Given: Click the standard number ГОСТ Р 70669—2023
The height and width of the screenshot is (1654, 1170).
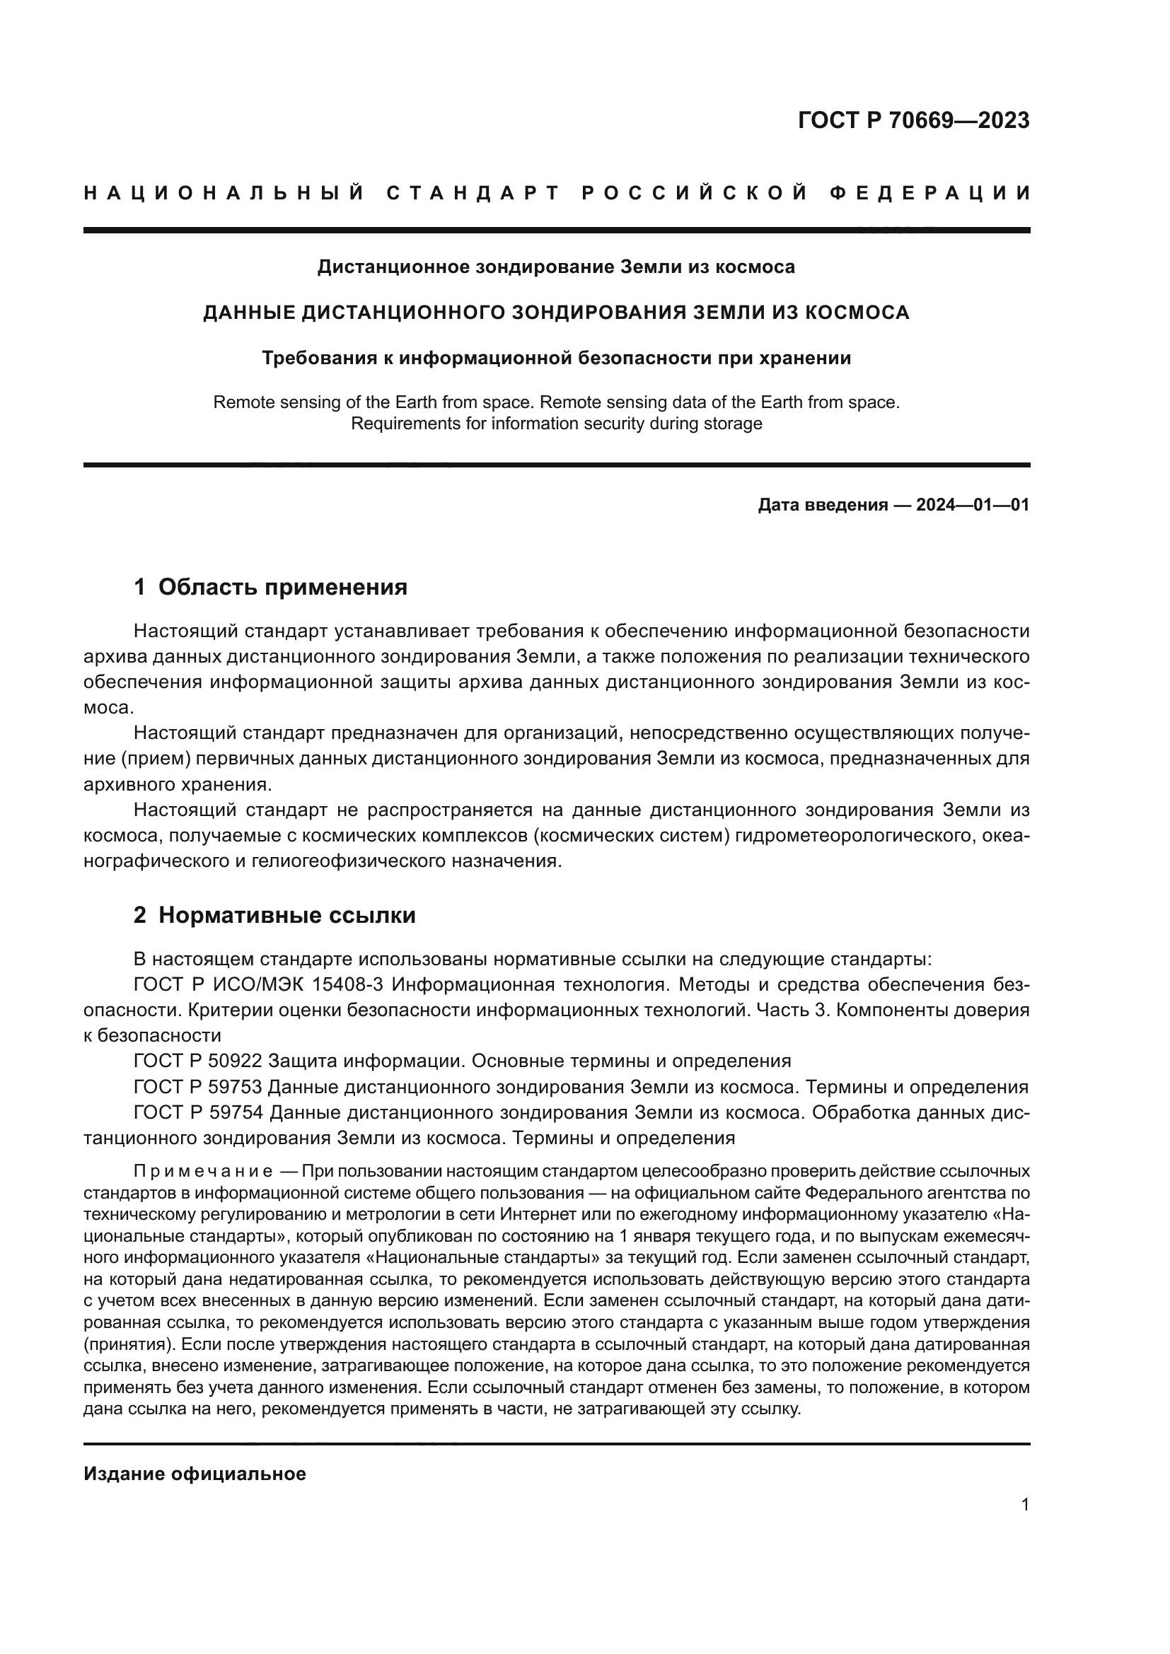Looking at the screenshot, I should click(x=913, y=121).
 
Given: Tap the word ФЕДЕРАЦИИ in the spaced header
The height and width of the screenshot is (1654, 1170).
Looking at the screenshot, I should click(x=930, y=193).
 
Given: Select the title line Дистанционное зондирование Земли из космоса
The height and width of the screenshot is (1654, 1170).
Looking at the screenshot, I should click(x=556, y=267).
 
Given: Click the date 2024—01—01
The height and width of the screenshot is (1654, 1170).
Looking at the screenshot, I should click(x=972, y=505).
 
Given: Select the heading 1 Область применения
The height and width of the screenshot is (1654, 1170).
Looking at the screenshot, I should click(x=270, y=587).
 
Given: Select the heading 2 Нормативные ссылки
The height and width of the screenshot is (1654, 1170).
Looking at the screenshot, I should click(x=274, y=916).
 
